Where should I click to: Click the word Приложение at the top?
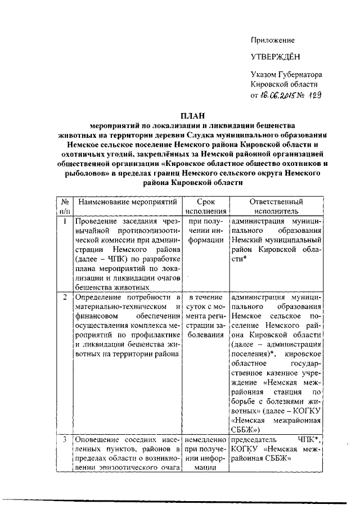click(x=272, y=40)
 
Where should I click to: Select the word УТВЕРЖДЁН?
click(x=276, y=57)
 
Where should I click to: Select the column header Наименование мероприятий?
click(x=128, y=201)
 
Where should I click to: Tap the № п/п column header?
click(x=65, y=206)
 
